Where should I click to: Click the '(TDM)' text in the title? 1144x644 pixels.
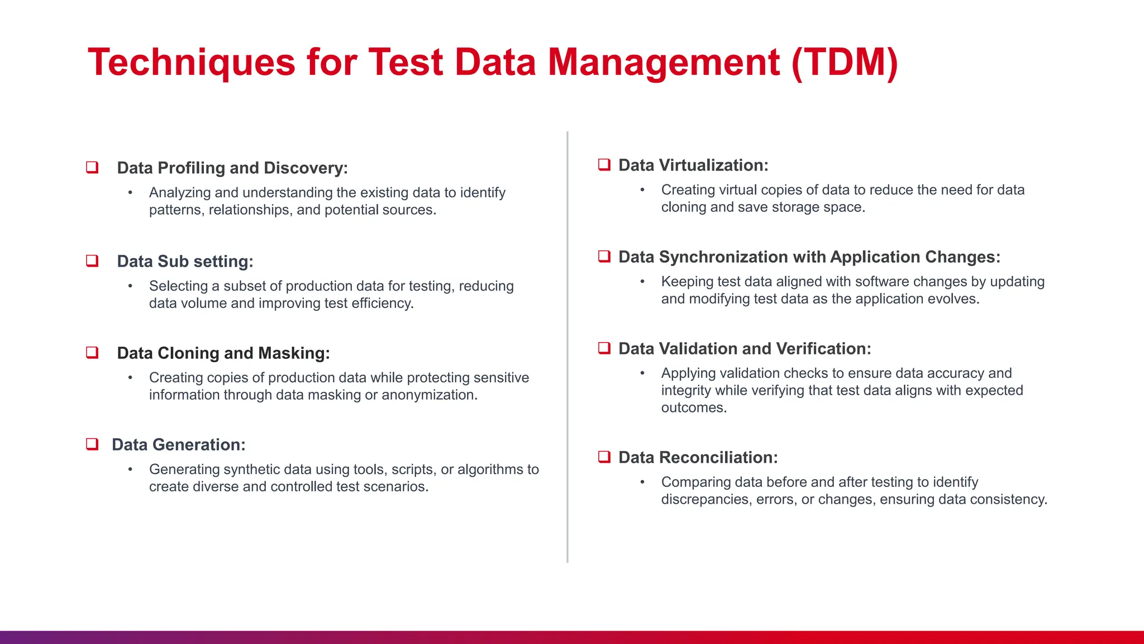[x=844, y=63]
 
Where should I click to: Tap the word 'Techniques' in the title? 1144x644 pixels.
[x=191, y=63]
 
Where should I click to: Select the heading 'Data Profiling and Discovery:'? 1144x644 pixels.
[x=232, y=168]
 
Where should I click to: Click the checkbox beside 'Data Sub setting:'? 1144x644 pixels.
[x=92, y=261]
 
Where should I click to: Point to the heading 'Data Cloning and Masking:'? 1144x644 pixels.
[x=223, y=353]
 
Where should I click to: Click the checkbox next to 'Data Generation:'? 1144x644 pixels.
[x=92, y=444]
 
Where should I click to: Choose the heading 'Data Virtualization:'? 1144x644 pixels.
[x=693, y=165]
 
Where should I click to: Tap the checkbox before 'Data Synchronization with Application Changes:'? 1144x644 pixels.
[x=604, y=256]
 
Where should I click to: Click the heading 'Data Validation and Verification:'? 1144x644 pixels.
[x=745, y=348]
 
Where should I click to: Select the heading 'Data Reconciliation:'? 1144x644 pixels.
[x=698, y=457]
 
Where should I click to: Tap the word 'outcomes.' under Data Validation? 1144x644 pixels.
[x=694, y=408]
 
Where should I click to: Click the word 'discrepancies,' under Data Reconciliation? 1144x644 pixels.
[x=706, y=499]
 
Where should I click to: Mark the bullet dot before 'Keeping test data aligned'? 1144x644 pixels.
[x=642, y=281]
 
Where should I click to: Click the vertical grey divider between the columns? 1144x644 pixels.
[x=568, y=347]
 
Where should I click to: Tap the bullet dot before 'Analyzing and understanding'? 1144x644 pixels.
[x=130, y=192]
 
